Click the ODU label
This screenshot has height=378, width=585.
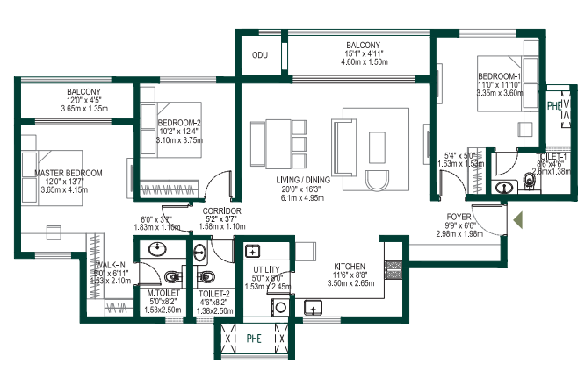[260, 54]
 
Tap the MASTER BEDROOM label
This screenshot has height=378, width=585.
[69, 173]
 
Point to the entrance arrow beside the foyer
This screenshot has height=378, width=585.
[518, 219]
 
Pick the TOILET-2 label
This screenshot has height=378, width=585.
[215, 293]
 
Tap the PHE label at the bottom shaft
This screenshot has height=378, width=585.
[253, 336]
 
